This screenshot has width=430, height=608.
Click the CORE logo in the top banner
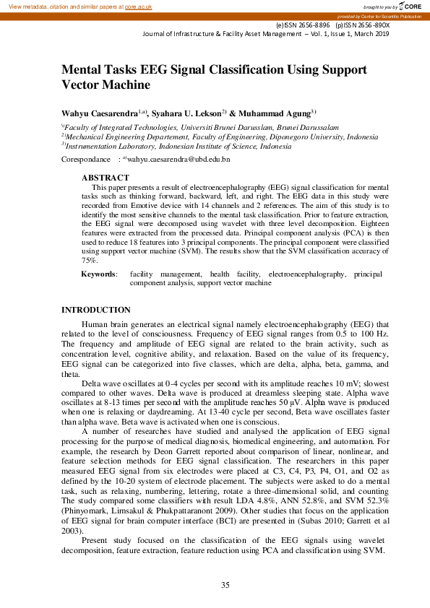(408, 6)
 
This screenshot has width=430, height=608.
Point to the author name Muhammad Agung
(280, 113)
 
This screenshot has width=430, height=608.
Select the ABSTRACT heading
(105, 178)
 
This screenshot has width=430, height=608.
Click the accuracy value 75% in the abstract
(89, 260)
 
